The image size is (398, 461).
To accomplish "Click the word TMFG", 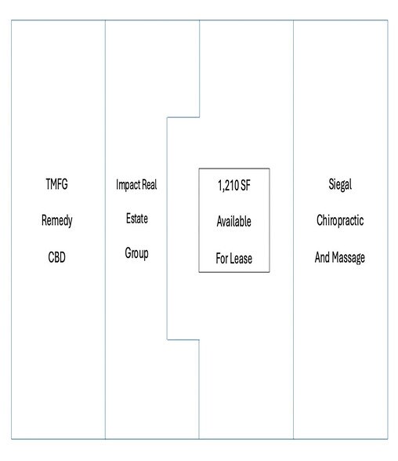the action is pos(56,184).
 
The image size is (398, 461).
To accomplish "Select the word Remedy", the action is pos(56,220).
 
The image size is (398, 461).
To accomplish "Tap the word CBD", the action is pos(56,257).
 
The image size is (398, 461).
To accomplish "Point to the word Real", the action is pos(150,185).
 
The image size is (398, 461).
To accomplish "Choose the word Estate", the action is pos(137,219).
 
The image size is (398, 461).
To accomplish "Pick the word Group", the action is pos(136,253).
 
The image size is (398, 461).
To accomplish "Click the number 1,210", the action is pos(228,186).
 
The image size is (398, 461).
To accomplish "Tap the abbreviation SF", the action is pos(245,186).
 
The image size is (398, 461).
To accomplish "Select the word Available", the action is pos(233,221).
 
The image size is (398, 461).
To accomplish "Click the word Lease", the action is pos(241,259).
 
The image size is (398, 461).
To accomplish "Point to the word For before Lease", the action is pos(222,259).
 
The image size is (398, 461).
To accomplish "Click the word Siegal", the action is pos(340,185).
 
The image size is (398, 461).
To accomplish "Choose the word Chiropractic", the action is pos(340,220).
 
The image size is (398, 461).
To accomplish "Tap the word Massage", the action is pos(349,258).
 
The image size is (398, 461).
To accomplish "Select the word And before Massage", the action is pos(323,257).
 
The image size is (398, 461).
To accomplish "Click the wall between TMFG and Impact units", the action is pos(105,230).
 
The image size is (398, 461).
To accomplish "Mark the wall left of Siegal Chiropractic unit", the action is pos(293,230).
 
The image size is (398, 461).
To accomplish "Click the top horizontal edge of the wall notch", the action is pos(183,118).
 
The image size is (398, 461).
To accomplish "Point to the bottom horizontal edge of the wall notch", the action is pos(183,340).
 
